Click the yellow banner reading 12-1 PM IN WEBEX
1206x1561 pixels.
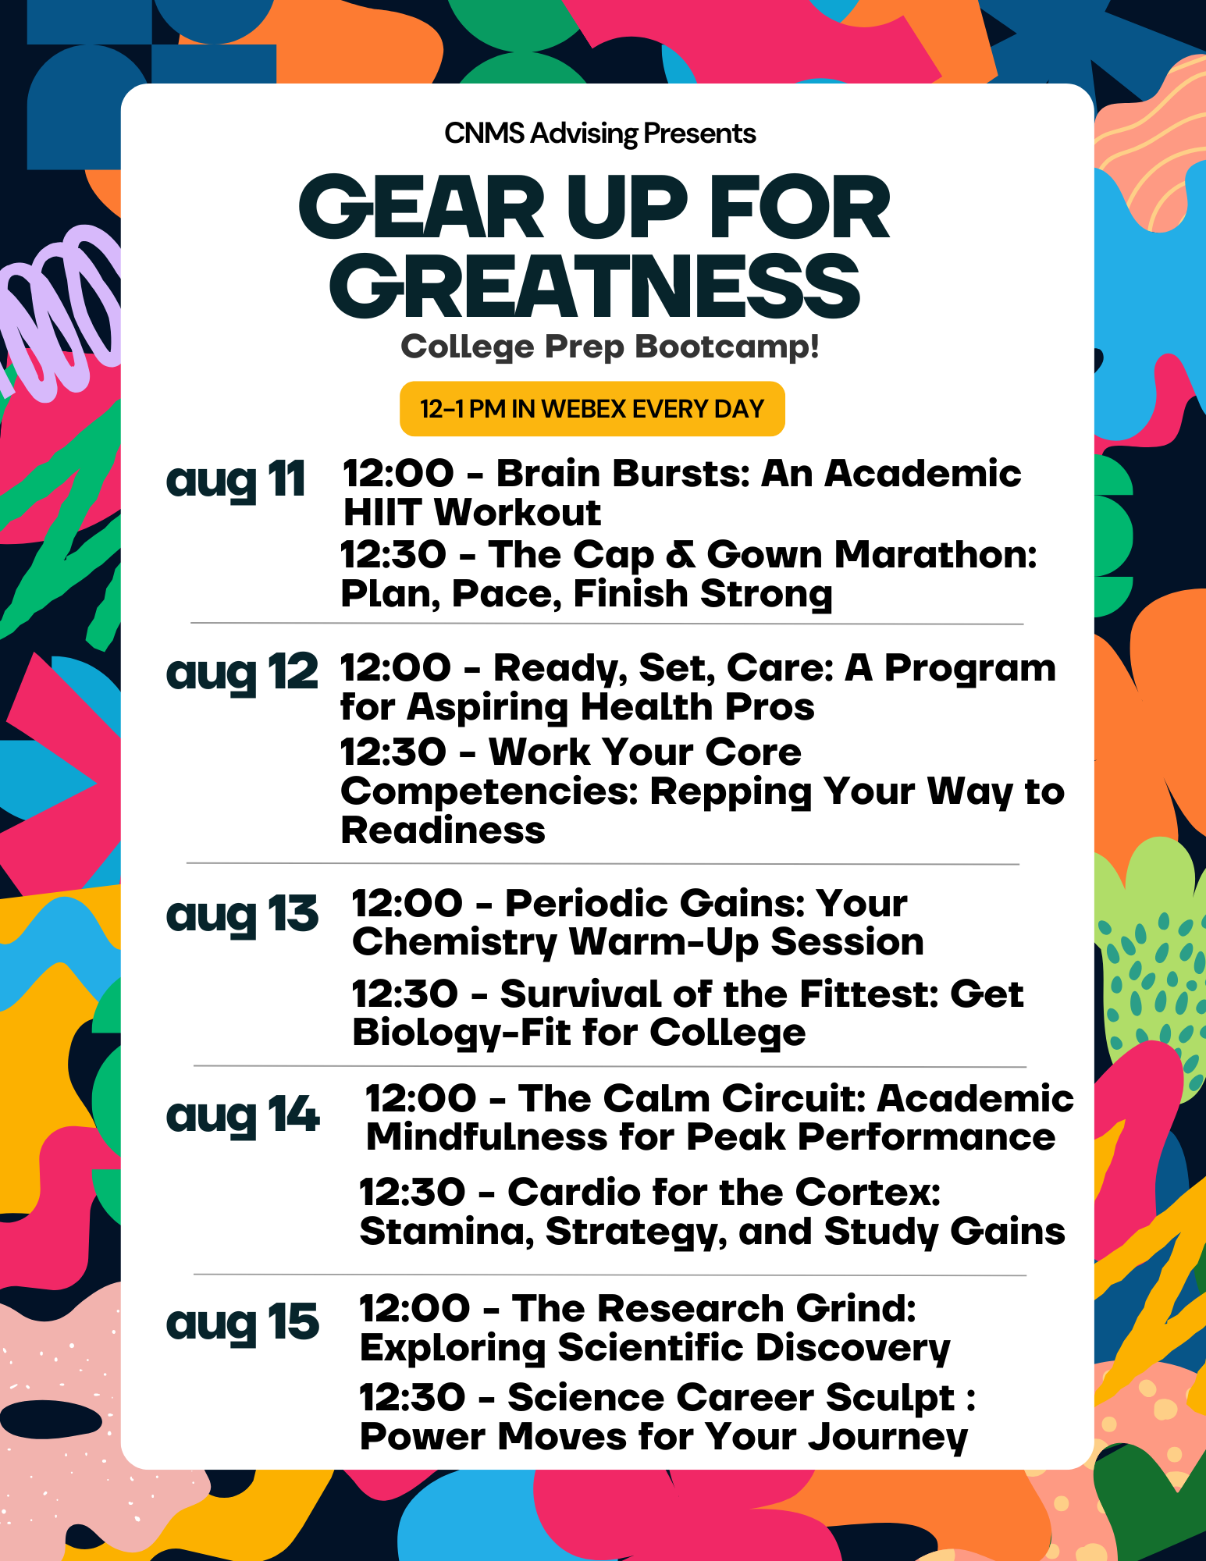(x=592, y=409)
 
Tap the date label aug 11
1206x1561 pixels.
(x=235, y=479)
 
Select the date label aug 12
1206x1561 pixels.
(x=242, y=672)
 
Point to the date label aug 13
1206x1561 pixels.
(x=242, y=914)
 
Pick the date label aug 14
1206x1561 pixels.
(x=243, y=1115)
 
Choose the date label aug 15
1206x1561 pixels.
(x=243, y=1323)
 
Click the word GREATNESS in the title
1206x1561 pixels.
(x=595, y=286)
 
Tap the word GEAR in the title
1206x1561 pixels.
(x=421, y=207)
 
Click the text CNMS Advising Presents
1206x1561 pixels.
(x=599, y=133)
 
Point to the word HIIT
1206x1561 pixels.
(x=382, y=513)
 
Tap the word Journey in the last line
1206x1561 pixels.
(x=888, y=1438)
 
